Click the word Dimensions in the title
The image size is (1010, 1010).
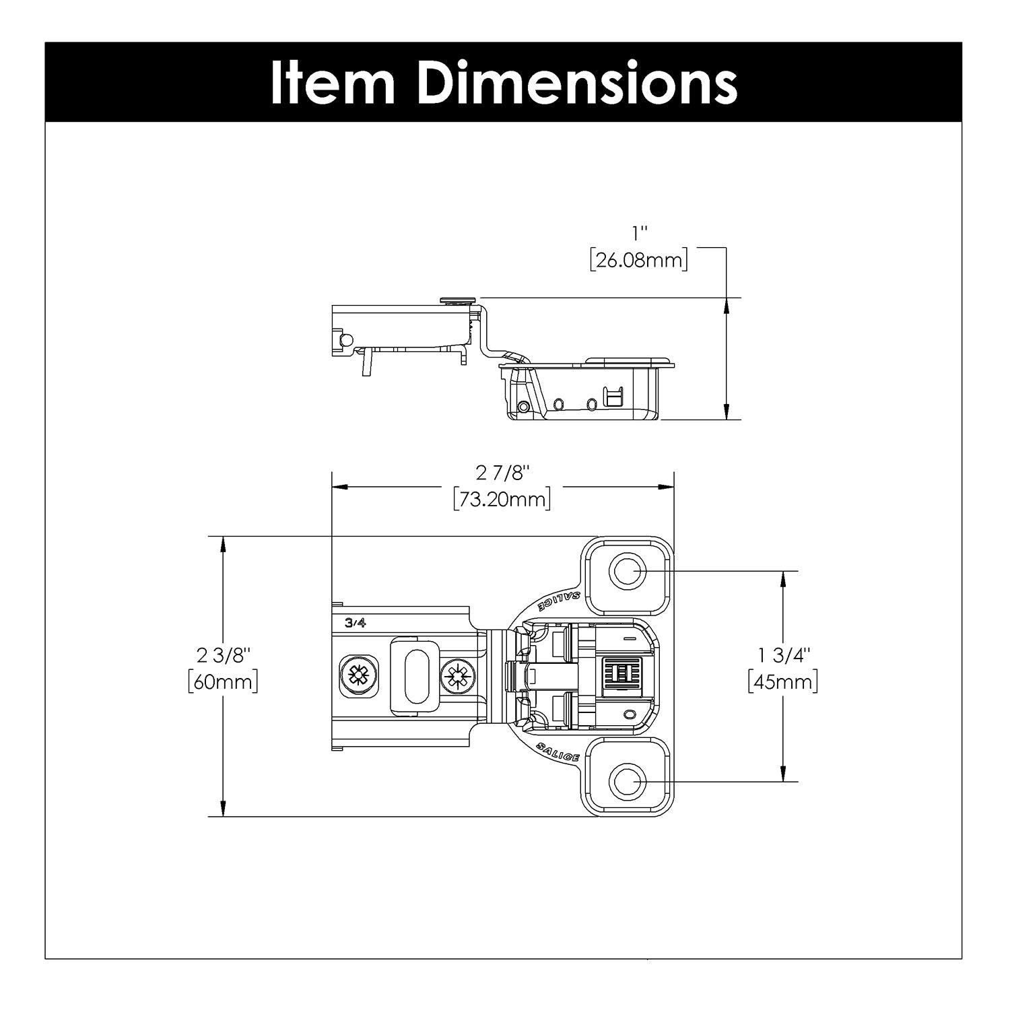(x=578, y=82)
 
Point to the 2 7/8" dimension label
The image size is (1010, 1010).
(x=499, y=474)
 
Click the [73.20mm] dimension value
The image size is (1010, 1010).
(x=502, y=499)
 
